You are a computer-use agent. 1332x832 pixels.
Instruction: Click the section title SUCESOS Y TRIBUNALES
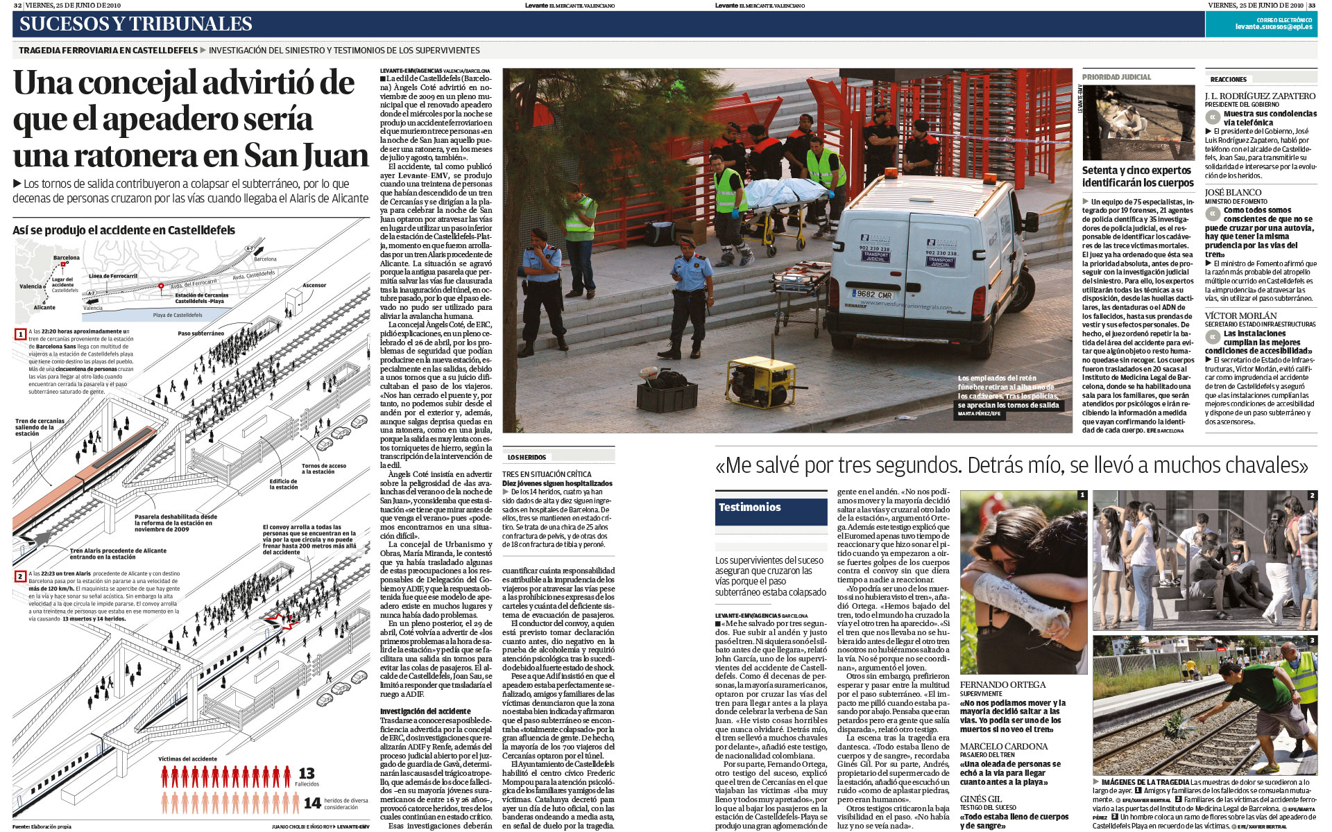pyautogui.click(x=136, y=24)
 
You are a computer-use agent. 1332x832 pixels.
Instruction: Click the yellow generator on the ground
pyautogui.click(x=761, y=381)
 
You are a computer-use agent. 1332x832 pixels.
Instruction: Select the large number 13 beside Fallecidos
pyautogui.click(x=307, y=773)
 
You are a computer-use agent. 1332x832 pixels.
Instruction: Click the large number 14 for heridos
pyautogui.click(x=312, y=803)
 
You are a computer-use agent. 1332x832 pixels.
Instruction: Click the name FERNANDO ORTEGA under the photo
pyautogui.click(x=1002, y=685)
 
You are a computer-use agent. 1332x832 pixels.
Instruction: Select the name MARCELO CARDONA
pyautogui.click(x=1003, y=747)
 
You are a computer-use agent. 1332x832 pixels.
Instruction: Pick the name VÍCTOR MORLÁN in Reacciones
pyautogui.click(x=1240, y=316)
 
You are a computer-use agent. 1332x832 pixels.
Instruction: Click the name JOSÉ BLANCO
pyautogui.click(x=1233, y=193)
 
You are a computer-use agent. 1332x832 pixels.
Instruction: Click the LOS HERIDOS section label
pyautogui.click(x=527, y=458)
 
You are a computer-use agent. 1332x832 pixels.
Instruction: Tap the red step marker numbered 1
pyautogui.click(x=21, y=334)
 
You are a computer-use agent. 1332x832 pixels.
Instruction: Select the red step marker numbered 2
pyautogui.click(x=20, y=576)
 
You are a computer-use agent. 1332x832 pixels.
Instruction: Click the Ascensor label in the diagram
pyautogui.click(x=314, y=286)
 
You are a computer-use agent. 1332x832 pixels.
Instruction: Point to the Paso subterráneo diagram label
pyautogui.click(x=200, y=333)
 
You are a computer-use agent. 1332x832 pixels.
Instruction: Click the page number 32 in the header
pyautogui.click(x=18, y=5)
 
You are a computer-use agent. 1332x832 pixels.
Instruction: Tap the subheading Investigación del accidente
pyautogui.click(x=425, y=711)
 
